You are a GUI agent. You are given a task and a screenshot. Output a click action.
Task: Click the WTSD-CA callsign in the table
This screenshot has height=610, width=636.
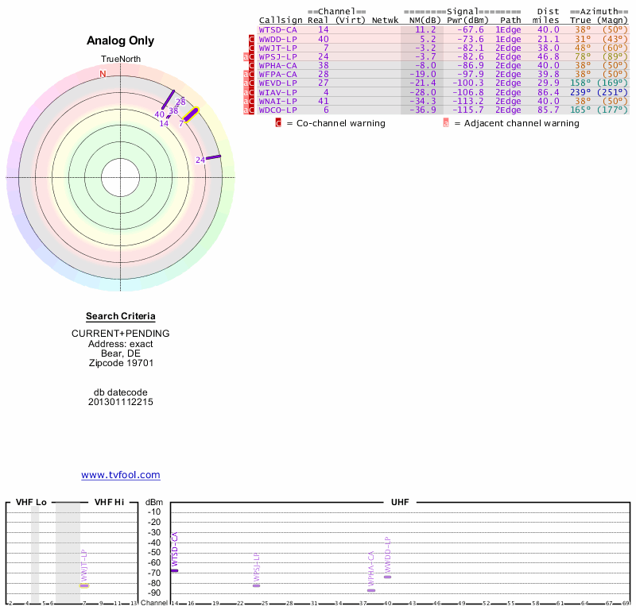click(x=278, y=29)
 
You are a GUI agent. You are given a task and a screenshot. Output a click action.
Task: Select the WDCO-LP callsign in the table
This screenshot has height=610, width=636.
click(x=278, y=110)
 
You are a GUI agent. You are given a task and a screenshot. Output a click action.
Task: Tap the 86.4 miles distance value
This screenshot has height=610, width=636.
click(x=549, y=92)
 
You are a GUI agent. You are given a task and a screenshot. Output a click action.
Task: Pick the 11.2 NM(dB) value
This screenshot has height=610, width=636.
click(x=428, y=29)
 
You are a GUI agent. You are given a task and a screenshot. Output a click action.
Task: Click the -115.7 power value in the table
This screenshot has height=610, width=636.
click(x=467, y=110)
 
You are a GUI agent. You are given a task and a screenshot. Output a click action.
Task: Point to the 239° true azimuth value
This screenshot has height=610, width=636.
click(x=581, y=92)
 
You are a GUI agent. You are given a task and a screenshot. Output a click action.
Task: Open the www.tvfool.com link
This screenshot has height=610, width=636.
click(x=121, y=475)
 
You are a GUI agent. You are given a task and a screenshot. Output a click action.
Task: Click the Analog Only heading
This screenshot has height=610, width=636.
click(x=121, y=41)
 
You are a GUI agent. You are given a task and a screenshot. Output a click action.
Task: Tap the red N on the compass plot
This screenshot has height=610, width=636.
click(x=103, y=74)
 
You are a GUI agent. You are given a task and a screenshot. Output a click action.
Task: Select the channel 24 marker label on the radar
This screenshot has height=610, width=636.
click(x=200, y=160)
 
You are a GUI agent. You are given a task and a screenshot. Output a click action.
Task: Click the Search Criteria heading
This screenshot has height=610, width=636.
click(x=121, y=316)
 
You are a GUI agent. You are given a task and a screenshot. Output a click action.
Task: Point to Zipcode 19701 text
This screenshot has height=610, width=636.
click(x=121, y=363)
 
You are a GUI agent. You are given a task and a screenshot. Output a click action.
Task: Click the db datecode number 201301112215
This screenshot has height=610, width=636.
click(x=121, y=402)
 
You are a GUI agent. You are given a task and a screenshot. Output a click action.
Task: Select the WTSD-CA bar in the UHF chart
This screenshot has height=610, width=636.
click(x=175, y=570)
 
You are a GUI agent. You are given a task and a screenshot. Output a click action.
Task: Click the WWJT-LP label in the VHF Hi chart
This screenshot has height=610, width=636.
click(x=83, y=565)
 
